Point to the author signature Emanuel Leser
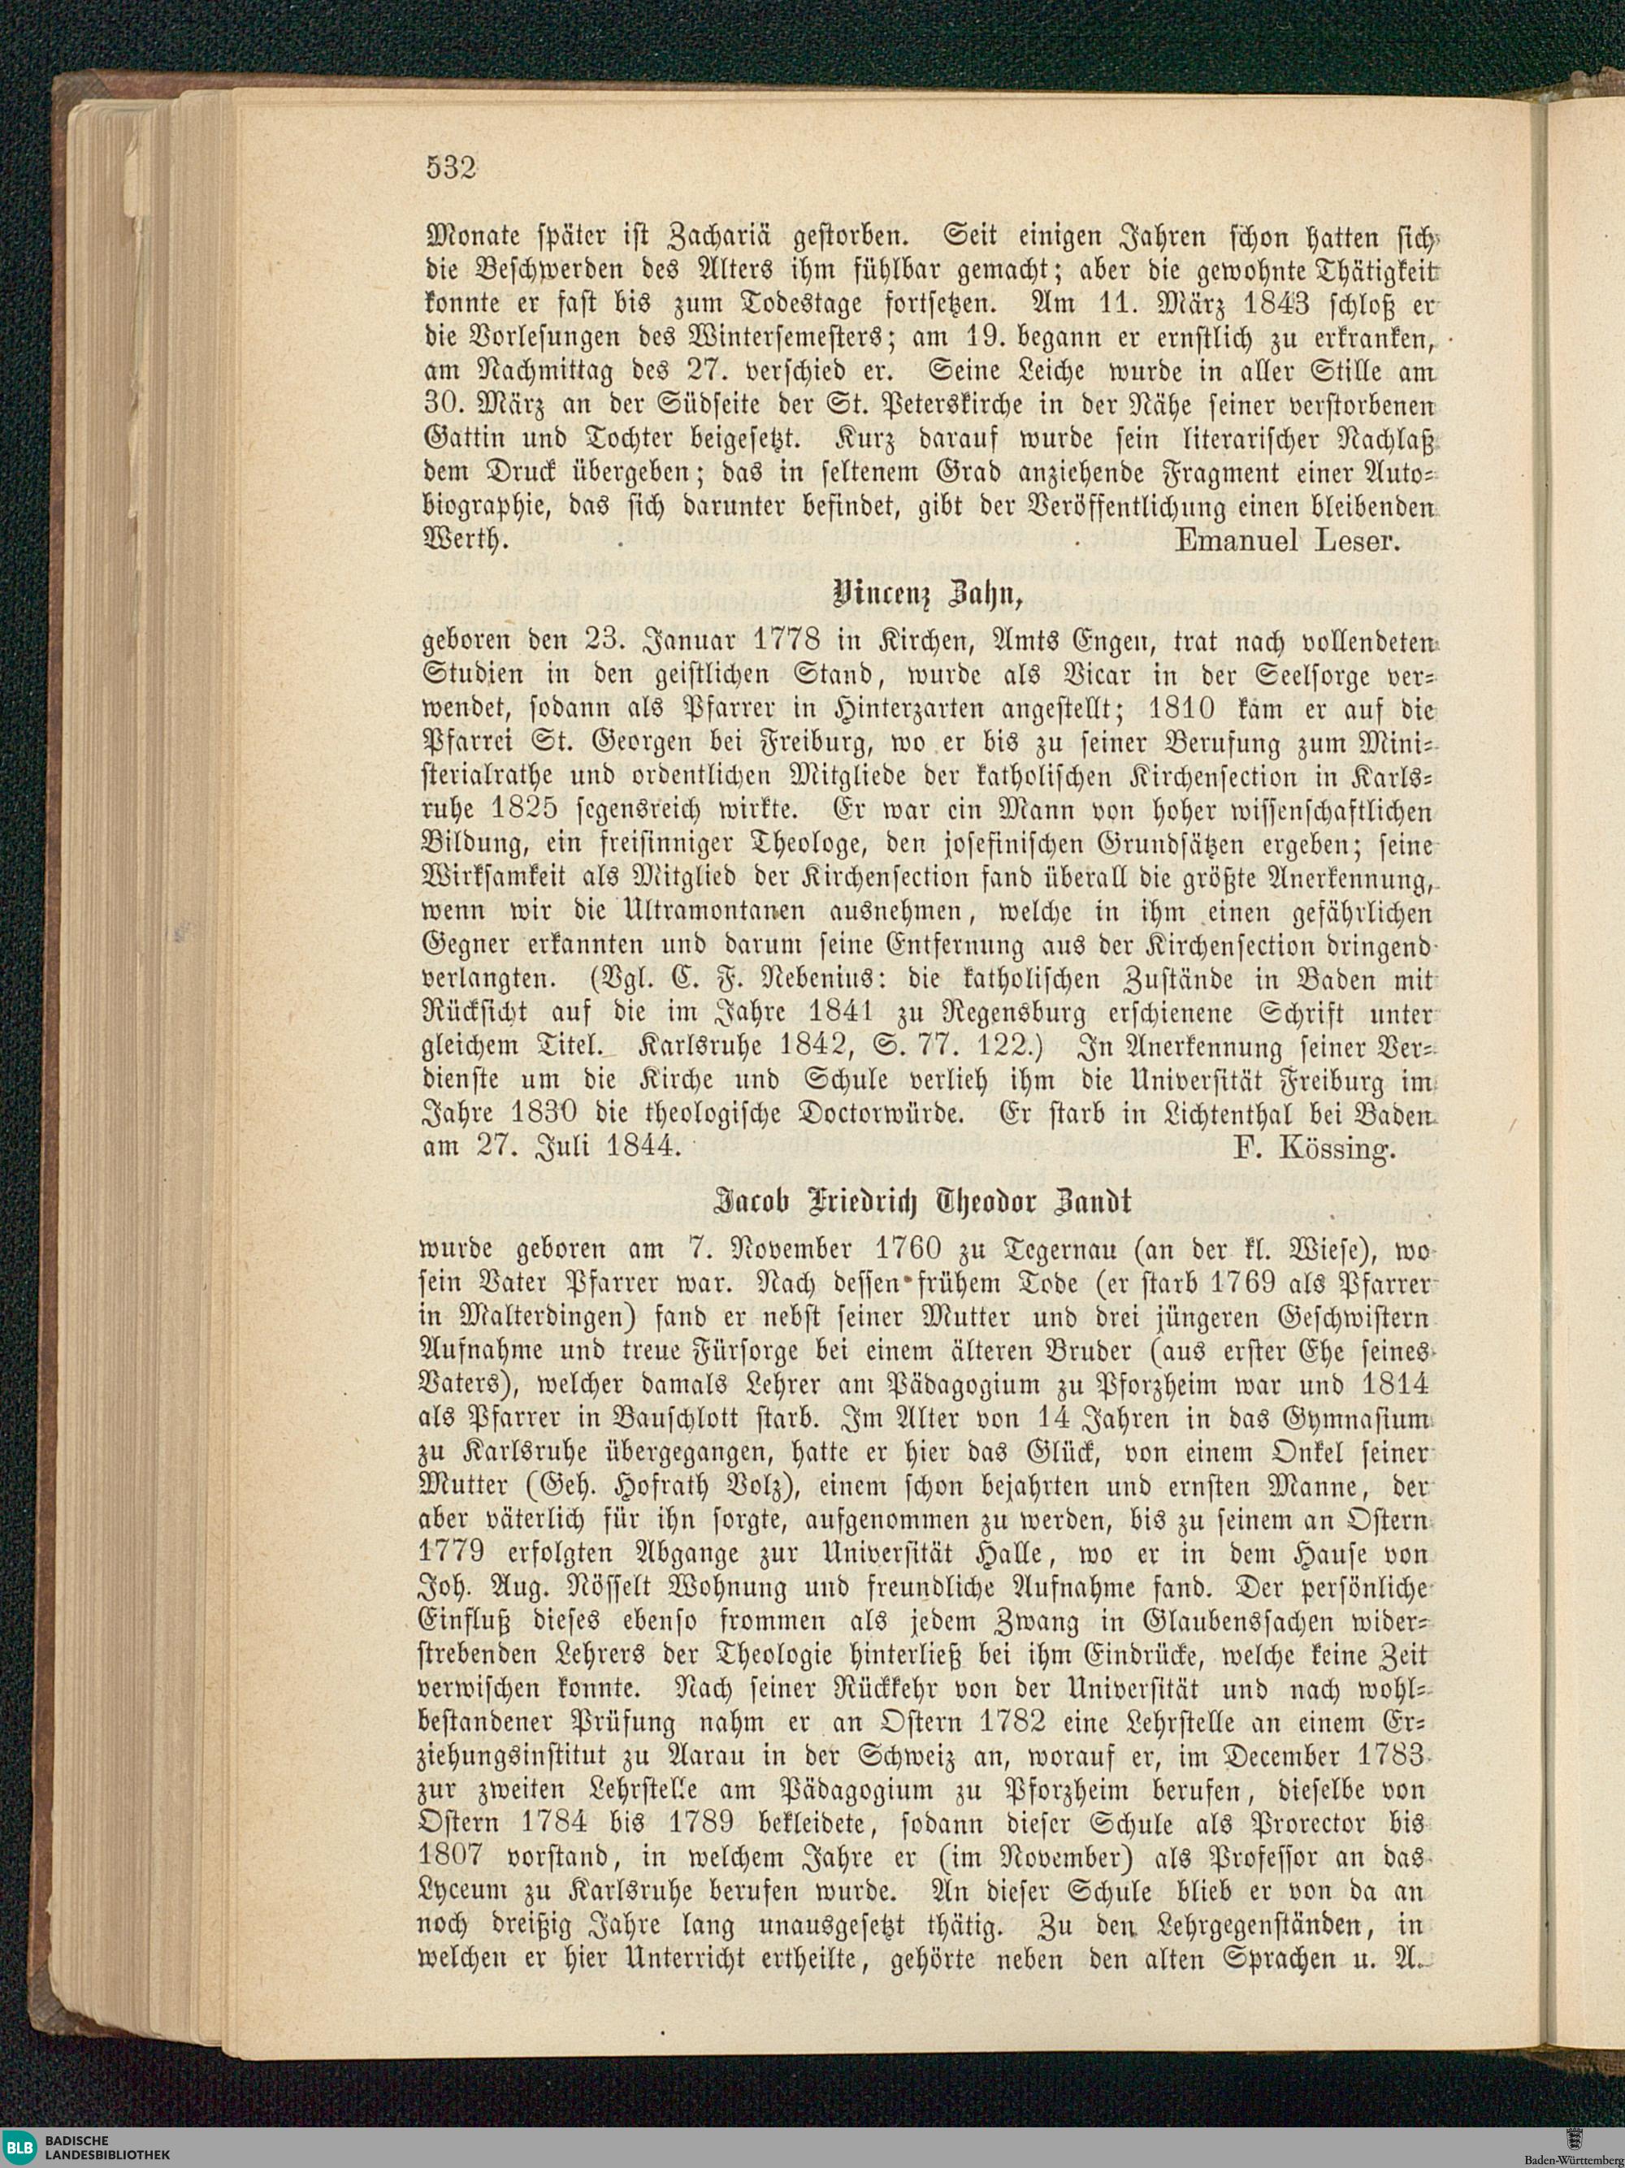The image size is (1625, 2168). [x=1289, y=539]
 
